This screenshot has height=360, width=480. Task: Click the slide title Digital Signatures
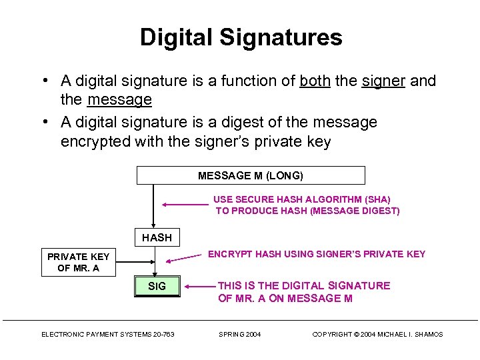tap(241, 37)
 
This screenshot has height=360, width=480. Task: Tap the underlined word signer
tap(383, 81)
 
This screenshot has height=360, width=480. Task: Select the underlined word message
tap(119, 100)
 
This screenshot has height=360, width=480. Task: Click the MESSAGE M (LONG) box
tap(251, 175)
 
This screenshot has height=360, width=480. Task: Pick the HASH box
tap(157, 237)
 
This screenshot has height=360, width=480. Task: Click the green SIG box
tap(157, 287)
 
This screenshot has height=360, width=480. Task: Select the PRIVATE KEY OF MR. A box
tap(78, 263)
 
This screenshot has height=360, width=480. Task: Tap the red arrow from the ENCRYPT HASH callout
tap(184, 258)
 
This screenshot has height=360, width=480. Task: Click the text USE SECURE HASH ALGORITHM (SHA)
tap(302, 199)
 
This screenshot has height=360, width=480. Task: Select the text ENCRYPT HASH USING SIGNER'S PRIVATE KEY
tap(317, 254)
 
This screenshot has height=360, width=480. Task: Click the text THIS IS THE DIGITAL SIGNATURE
tap(304, 285)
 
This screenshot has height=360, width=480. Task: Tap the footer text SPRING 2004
tap(240, 334)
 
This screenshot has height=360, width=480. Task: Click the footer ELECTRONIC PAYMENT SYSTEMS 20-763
tap(108, 334)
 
